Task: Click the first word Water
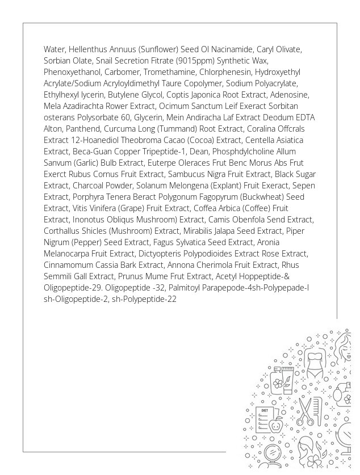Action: [55, 49]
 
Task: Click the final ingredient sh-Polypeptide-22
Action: [144, 299]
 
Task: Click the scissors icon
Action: [305, 411]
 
